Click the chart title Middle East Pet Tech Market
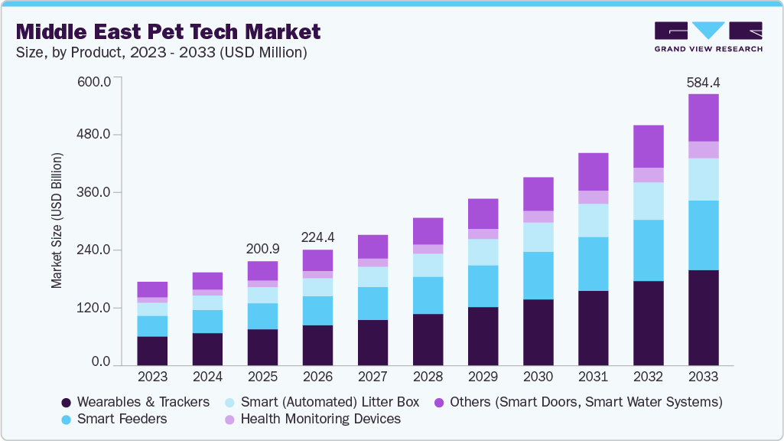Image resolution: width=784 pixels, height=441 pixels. pyautogui.click(x=168, y=31)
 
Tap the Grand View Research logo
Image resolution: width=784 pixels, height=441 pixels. pyautogui.click(x=708, y=37)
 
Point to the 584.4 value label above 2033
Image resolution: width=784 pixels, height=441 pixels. pyautogui.click(x=703, y=82)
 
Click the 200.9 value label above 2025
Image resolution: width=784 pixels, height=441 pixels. pyautogui.click(x=262, y=249)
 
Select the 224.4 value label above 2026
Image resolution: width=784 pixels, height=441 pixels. pyautogui.click(x=317, y=237)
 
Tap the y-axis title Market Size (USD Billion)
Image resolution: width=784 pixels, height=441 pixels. pyautogui.click(x=57, y=220)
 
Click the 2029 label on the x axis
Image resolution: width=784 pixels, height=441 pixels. pyautogui.click(x=483, y=377)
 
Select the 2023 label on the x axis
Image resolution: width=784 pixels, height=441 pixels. pyautogui.click(x=152, y=377)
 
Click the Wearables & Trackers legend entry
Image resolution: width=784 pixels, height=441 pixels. pyautogui.click(x=135, y=402)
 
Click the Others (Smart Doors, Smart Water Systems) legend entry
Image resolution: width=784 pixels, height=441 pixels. pyautogui.click(x=577, y=402)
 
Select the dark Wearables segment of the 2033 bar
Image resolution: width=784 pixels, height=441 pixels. pyautogui.click(x=703, y=318)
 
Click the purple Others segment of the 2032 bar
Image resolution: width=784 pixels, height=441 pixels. pyautogui.click(x=648, y=146)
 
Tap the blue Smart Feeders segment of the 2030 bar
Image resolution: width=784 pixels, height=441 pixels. pyautogui.click(x=538, y=276)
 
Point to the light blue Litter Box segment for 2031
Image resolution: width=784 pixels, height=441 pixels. pyautogui.click(x=593, y=220)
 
